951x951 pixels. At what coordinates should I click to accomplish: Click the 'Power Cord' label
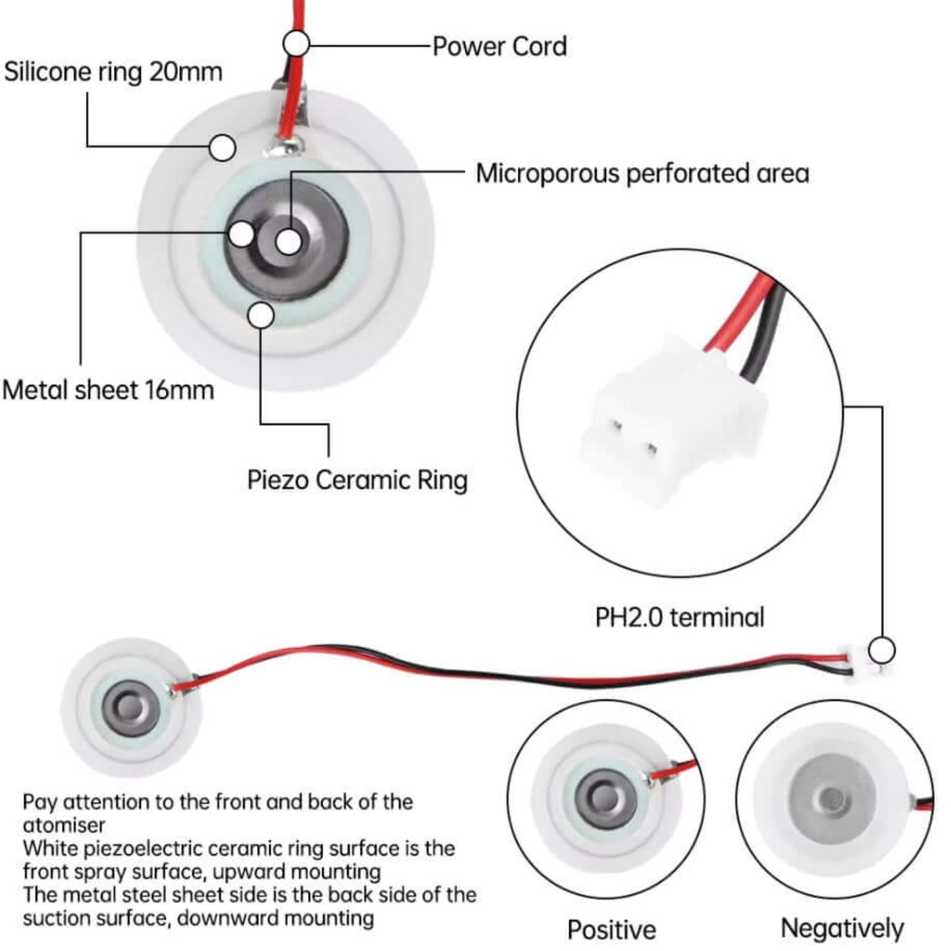499,47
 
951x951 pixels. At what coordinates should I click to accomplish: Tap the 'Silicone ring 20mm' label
113,72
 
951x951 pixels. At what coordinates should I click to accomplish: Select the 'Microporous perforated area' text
642,174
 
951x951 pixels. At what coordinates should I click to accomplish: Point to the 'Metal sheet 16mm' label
109,390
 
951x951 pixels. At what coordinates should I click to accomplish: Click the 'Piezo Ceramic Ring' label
357,480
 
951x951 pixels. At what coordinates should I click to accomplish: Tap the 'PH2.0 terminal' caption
679,617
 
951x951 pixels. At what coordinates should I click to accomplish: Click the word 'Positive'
611,929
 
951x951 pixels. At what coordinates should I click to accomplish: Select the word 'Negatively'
842,928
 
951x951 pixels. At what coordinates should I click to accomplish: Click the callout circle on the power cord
296,44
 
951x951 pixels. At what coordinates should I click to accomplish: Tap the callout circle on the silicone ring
222,147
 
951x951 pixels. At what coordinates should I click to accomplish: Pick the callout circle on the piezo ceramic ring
261,316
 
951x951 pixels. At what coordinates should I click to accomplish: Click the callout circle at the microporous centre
288,242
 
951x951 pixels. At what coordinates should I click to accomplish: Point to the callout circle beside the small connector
881,650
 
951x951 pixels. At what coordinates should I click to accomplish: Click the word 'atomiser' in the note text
64,825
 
